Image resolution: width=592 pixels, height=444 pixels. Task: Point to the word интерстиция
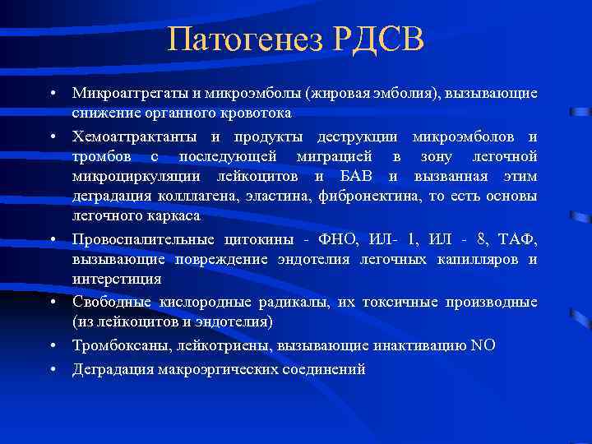point(108,280)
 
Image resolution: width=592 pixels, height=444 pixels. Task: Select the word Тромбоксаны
point(116,345)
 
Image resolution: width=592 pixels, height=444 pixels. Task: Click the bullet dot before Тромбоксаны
point(52,345)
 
